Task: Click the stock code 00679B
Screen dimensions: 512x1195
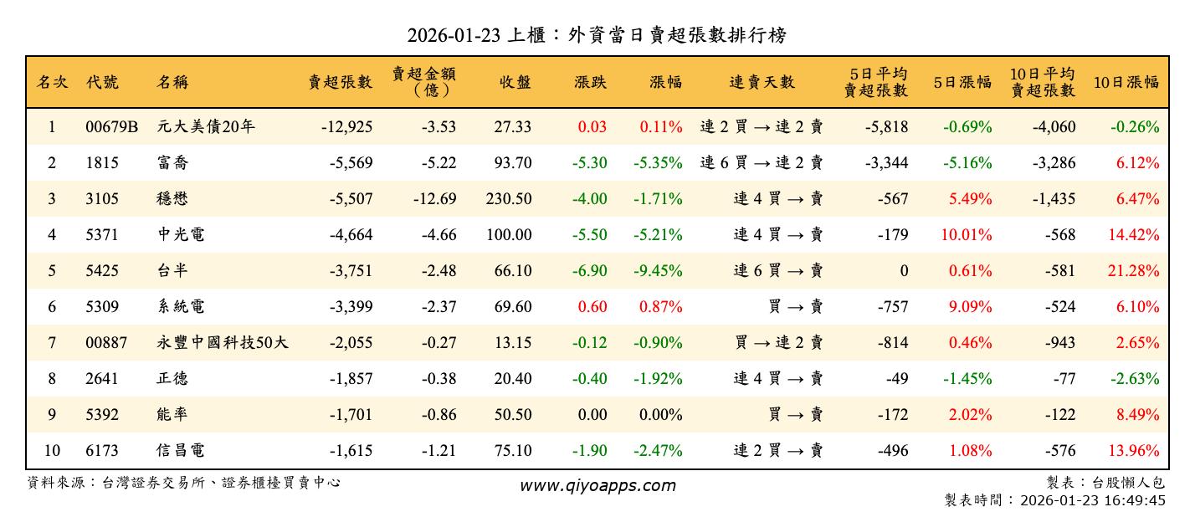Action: tap(112, 127)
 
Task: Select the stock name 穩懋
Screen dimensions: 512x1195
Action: tap(172, 199)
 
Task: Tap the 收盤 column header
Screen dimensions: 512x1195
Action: tap(515, 83)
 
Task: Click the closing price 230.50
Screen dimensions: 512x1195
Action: tap(509, 199)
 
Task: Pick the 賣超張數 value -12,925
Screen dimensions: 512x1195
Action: tap(346, 127)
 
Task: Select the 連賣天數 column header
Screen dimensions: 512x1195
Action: tap(762, 83)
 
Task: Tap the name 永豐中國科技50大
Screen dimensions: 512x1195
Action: tap(223, 343)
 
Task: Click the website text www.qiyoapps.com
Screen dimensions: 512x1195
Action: tap(597, 485)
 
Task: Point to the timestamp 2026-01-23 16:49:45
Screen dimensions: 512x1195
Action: tap(1093, 500)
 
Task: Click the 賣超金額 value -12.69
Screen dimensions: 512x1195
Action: tap(434, 199)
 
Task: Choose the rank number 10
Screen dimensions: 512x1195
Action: tap(52, 451)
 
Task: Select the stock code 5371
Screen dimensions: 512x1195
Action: tap(102, 235)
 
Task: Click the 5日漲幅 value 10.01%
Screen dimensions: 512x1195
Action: tap(967, 235)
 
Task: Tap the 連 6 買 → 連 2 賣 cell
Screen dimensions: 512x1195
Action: tap(762, 163)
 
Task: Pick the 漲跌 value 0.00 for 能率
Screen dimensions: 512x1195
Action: tap(592, 415)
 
